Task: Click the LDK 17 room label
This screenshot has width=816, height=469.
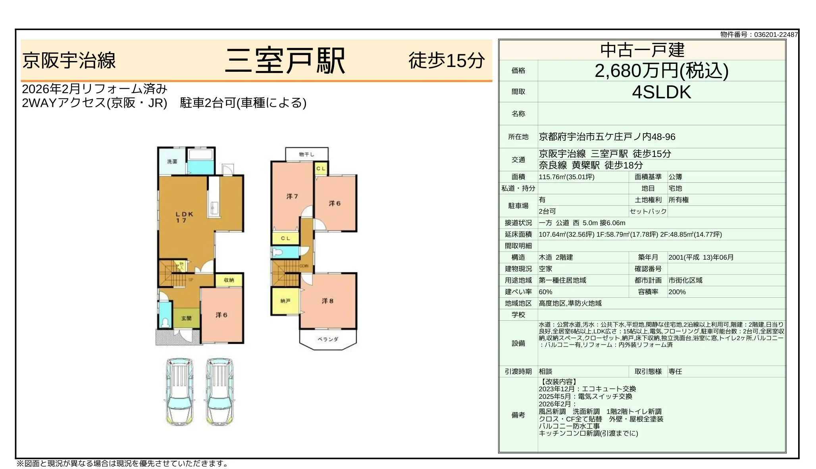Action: [x=184, y=217]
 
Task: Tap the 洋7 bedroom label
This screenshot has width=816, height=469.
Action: [x=292, y=196]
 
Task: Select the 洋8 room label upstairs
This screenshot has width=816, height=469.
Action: [x=327, y=301]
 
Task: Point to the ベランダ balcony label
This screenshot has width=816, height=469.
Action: [x=328, y=339]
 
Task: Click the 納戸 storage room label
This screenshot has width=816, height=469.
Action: [x=285, y=301]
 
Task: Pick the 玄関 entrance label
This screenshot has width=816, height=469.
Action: [x=186, y=318]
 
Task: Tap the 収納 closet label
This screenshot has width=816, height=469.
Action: [x=229, y=280]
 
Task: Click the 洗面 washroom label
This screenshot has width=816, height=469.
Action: [x=172, y=161]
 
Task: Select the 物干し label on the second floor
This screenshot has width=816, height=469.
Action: [x=306, y=154]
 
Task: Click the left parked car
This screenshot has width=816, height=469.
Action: [x=179, y=391]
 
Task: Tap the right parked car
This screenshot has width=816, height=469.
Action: [x=219, y=391]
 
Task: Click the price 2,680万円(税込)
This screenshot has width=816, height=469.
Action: [x=661, y=71]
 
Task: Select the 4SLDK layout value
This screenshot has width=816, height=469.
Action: [x=661, y=92]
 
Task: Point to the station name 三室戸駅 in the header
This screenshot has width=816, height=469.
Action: [x=285, y=61]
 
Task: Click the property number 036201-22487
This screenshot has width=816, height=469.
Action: [x=776, y=34]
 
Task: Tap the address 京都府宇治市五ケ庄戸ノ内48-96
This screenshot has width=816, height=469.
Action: [x=607, y=137]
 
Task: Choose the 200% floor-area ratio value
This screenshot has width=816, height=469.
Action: [x=677, y=292]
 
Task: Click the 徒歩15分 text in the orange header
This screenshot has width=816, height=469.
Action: [x=446, y=61]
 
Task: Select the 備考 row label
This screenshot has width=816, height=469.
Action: [x=518, y=415]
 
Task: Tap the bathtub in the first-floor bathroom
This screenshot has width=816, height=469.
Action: [x=201, y=155]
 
